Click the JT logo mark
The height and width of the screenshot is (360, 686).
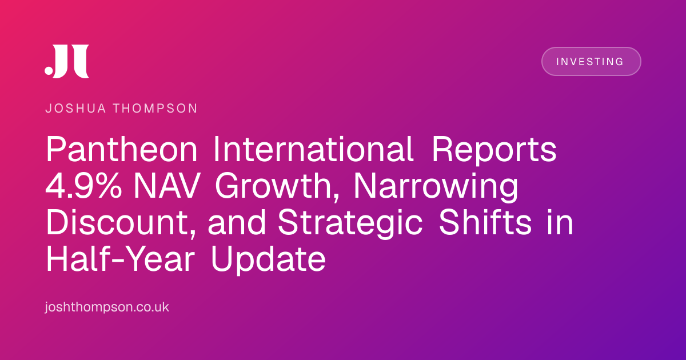click(x=67, y=61)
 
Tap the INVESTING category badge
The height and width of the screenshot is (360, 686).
click(x=591, y=62)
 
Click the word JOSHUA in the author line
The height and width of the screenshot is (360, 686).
click(x=75, y=109)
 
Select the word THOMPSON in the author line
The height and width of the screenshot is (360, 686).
click(x=155, y=109)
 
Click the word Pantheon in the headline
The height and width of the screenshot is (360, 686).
click(x=122, y=149)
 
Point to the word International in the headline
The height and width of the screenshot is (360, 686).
click(x=313, y=149)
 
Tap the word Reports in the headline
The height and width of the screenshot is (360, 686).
click(x=494, y=151)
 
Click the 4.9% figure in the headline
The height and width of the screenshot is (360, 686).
click(x=83, y=186)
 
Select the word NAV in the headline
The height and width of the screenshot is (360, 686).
click(x=167, y=186)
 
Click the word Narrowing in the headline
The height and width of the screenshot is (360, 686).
click(x=436, y=187)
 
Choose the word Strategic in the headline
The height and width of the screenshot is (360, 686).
click(x=350, y=224)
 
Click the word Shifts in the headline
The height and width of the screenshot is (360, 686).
click(x=485, y=222)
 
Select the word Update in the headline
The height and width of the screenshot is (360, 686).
click(x=268, y=260)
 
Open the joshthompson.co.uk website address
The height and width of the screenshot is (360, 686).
click(x=107, y=307)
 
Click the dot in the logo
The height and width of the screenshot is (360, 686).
click(x=49, y=70)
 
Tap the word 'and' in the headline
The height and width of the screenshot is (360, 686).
click(x=237, y=222)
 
